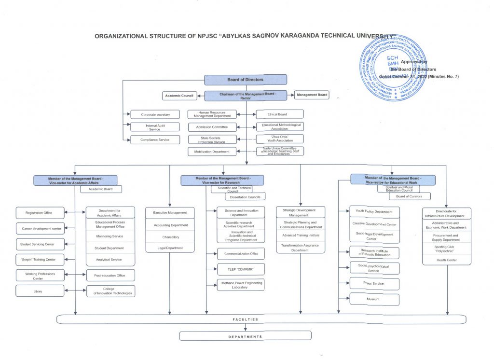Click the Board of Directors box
[x=246, y=80]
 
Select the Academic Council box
[x=179, y=96]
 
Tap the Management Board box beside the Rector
[x=312, y=95]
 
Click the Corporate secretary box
[x=155, y=115]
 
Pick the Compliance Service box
[x=155, y=139]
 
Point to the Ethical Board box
[x=279, y=114]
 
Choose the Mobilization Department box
[x=212, y=152]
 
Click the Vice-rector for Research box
[x=222, y=180]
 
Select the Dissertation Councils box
[x=245, y=197]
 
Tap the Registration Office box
[x=40, y=212]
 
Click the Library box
[x=40, y=291]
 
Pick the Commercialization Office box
[x=241, y=253]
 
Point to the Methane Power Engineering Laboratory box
[x=241, y=285]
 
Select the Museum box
[x=374, y=299]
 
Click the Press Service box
[x=374, y=284]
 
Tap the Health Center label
[x=446, y=260]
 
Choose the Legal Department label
[x=170, y=248]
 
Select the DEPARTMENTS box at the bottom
[x=246, y=336]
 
